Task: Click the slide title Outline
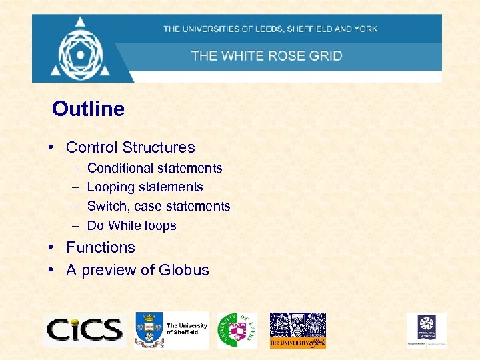[x=88, y=109]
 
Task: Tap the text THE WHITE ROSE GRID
[x=267, y=55]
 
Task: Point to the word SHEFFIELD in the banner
[x=311, y=29]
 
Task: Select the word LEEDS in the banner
[x=267, y=29]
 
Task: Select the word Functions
[x=101, y=247]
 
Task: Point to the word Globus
[x=184, y=270]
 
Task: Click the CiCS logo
[x=84, y=330]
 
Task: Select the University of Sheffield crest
[x=149, y=329]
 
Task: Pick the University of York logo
[x=297, y=330]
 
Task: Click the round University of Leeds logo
[x=236, y=330]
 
